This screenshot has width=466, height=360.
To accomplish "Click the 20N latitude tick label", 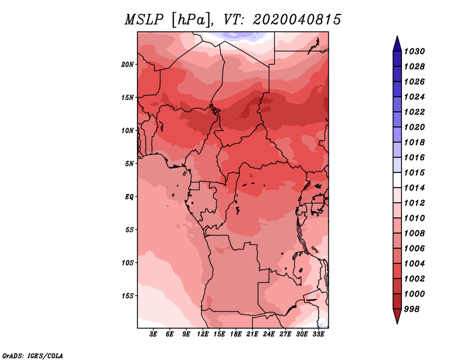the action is click(128, 65).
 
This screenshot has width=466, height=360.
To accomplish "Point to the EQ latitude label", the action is click(129, 197).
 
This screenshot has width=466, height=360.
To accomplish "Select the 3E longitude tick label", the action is click(153, 334).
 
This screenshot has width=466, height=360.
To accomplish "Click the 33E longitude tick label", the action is click(318, 334).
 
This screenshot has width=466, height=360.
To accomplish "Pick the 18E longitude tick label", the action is click(236, 334).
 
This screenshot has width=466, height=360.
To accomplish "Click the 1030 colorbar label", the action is click(414, 51).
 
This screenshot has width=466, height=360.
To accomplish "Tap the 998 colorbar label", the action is click(412, 309).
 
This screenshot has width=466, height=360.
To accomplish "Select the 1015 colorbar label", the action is click(414, 172).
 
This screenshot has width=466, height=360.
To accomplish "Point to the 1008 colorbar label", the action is click(414, 234).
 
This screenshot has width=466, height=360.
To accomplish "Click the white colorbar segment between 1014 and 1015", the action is click(397, 180).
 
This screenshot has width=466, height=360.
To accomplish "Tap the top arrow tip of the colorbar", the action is click(397, 36).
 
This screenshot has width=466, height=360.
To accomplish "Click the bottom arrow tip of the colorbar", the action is click(397, 324).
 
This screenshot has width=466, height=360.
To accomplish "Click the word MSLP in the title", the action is click(144, 20).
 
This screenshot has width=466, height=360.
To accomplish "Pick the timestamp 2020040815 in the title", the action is click(297, 20).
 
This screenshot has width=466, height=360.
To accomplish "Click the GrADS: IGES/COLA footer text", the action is click(33, 356).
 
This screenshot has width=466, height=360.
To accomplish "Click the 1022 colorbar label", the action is click(414, 112).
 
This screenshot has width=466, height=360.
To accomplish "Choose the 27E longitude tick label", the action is click(285, 334).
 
